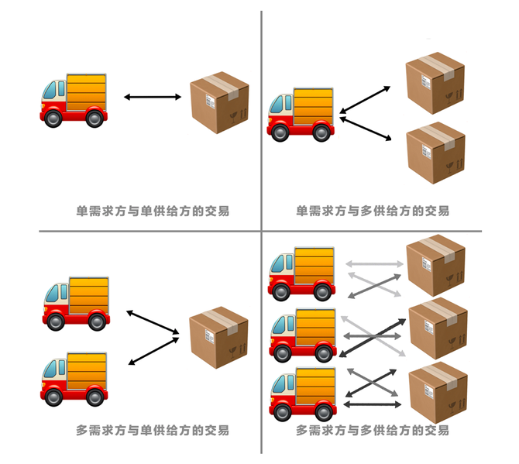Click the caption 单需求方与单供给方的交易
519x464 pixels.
pyautogui.click(x=153, y=211)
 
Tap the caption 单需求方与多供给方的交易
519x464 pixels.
pyautogui.click(x=373, y=211)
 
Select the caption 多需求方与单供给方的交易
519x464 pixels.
pyautogui.click(x=153, y=430)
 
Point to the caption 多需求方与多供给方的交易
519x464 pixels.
pyautogui.click(x=373, y=430)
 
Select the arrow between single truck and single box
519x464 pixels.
pyautogui.click(x=152, y=97)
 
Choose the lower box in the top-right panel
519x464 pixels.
pyautogui.click(x=435, y=153)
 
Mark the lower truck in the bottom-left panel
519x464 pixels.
pyautogui.click(x=74, y=380)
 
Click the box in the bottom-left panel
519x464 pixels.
pyautogui.click(x=219, y=338)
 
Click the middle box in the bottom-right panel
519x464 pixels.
pyautogui.click(x=438, y=329)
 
